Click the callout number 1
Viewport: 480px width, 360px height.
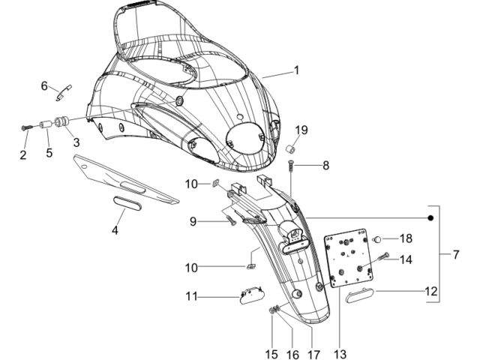(x=296, y=70)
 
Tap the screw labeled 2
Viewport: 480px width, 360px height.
(x=27, y=127)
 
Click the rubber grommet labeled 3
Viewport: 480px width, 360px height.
(x=62, y=121)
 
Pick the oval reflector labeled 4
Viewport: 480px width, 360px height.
(x=127, y=203)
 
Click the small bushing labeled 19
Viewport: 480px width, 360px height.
(x=290, y=149)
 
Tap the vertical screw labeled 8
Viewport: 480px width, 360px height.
(x=290, y=166)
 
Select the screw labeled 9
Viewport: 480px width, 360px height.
(x=232, y=220)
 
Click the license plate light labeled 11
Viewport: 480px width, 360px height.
(x=252, y=295)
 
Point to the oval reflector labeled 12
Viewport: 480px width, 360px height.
(x=359, y=295)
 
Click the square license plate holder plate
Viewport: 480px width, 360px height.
(x=349, y=259)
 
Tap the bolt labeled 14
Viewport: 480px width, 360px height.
(x=383, y=256)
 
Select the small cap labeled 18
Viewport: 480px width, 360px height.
(x=376, y=238)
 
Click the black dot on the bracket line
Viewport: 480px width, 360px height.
(x=430, y=218)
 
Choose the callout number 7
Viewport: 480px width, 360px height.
(x=456, y=254)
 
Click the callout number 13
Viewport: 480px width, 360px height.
(x=340, y=354)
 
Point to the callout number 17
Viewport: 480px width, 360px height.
(x=313, y=355)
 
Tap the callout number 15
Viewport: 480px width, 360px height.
(x=271, y=354)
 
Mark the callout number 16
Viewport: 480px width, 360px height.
(x=292, y=355)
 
